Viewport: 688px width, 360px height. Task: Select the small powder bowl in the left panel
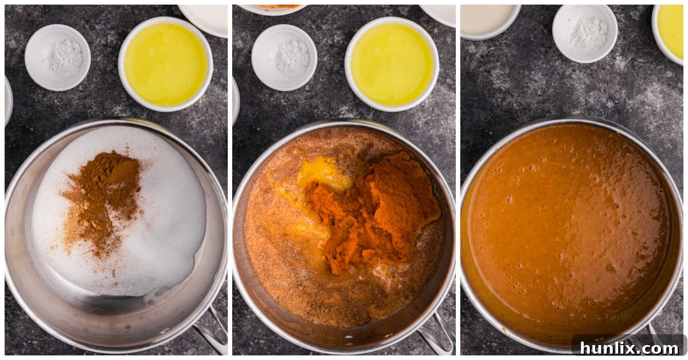[57, 57]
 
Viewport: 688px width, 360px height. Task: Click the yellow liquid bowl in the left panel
[166, 64]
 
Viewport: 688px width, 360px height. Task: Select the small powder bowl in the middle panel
[284, 57]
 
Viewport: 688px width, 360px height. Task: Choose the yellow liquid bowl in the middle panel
[392, 64]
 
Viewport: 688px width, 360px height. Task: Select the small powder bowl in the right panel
[585, 33]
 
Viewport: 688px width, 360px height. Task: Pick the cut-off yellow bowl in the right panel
[671, 32]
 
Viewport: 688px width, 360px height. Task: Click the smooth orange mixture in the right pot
[568, 229]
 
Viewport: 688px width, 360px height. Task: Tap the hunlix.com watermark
[628, 347]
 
